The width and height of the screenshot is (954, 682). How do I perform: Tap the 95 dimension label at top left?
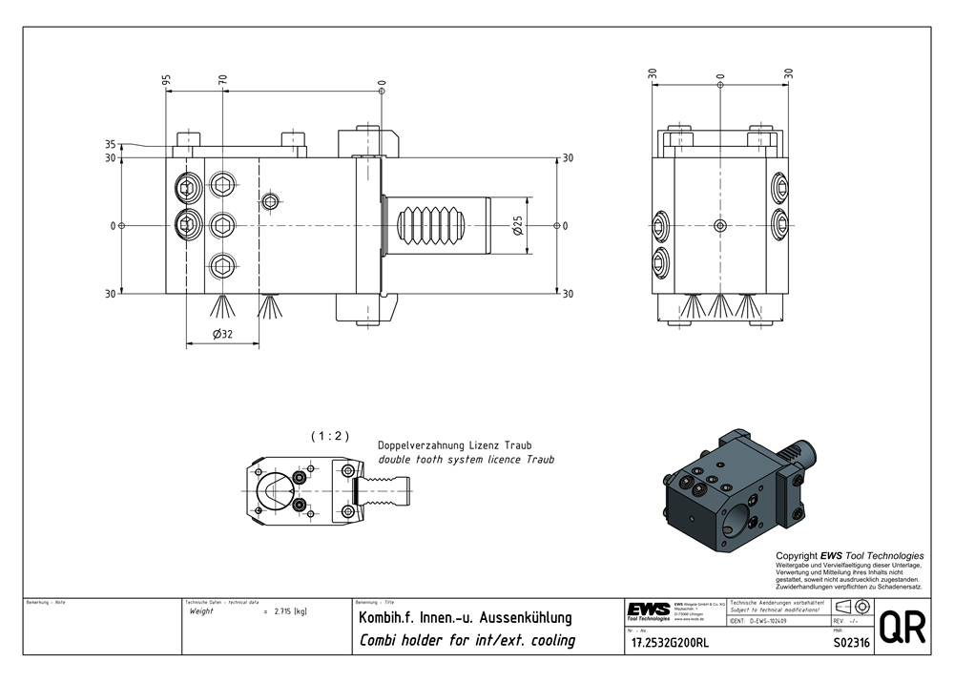pos(167,81)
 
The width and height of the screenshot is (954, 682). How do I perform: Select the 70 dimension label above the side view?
pos(223,81)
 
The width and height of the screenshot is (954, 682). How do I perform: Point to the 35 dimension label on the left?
pos(111,145)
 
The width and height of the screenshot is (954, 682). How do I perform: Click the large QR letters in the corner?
pos(902,630)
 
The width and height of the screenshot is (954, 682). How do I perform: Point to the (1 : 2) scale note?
pos(330,436)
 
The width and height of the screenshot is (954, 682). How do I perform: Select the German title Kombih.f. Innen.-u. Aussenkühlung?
pos(465,618)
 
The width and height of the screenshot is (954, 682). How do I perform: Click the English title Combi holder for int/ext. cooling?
pos(467,640)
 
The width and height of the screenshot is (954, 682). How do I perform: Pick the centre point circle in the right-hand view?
pos(720,226)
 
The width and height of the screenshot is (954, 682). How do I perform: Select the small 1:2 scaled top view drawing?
pos(330,486)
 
